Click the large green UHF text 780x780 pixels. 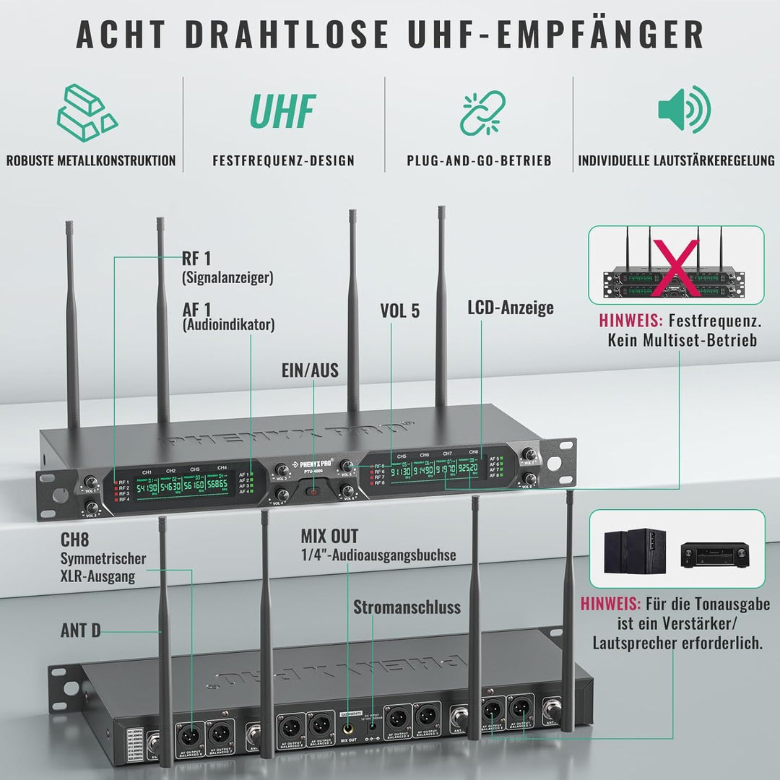point(283,110)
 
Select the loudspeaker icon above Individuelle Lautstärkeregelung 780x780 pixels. point(684,109)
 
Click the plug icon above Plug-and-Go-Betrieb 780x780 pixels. point(482,110)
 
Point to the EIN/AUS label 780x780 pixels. point(310,370)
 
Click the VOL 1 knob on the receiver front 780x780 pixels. point(92,482)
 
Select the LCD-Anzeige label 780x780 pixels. point(510,308)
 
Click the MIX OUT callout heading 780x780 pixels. point(329,537)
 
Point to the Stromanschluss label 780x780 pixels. point(407,607)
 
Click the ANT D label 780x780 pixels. point(80,630)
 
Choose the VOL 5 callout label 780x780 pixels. point(399,311)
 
